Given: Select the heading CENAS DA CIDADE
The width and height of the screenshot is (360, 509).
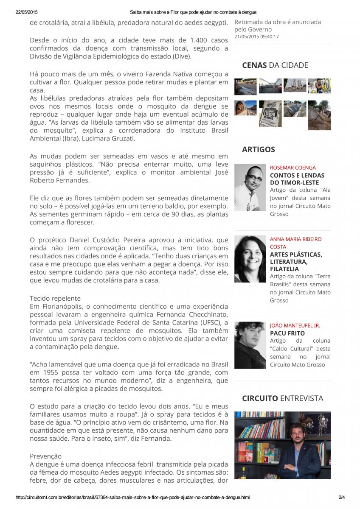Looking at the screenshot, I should [x=275, y=65].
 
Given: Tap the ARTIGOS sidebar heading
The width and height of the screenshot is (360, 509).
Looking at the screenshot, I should [x=258, y=149].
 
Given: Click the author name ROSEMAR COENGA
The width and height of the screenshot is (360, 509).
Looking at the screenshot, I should [x=293, y=168].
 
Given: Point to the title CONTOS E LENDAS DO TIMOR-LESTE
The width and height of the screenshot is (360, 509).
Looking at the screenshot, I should [x=297, y=179].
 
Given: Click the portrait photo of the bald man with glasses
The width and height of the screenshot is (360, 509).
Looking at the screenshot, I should [x=250, y=187].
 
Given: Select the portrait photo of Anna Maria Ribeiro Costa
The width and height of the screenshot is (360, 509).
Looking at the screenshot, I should [x=250, y=259].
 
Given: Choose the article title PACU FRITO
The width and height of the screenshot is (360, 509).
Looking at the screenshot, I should [x=287, y=333].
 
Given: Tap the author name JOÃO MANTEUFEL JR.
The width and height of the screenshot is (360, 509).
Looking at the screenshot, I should [x=295, y=325].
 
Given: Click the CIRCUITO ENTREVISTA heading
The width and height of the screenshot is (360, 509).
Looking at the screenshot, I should [x=282, y=398].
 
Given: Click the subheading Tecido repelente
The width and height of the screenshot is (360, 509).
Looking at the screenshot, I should [x=55, y=298].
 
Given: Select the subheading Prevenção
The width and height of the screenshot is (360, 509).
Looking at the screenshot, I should [x=45, y=456].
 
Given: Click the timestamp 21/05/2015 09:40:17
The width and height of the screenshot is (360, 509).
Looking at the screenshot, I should [x=256, y=37].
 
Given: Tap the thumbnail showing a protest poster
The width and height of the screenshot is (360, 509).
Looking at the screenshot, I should [x=270, y=113].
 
